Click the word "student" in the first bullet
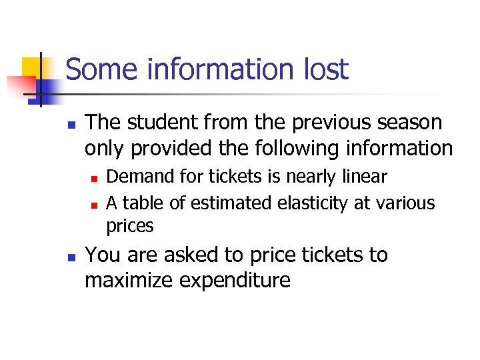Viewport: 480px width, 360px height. (x=164, y=123)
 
